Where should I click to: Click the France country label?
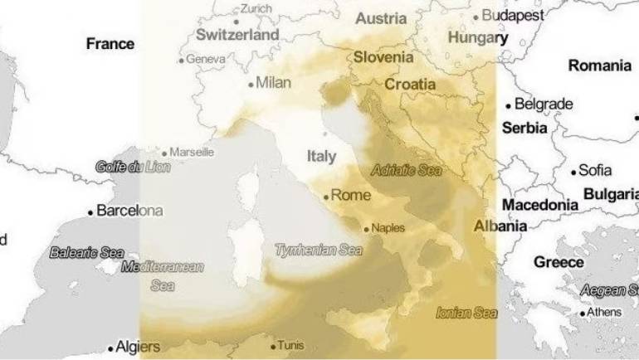point(110,44)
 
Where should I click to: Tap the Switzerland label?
point(237,35)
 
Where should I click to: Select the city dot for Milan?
point(251,84)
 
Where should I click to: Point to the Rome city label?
point(349,197)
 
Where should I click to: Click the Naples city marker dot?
point(366,228)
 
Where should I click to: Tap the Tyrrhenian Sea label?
point(319,249)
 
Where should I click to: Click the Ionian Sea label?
point(466,313)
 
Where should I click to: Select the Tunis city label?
point(291,346)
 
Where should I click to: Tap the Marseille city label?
point(193,153)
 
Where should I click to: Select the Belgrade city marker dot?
point(509,105)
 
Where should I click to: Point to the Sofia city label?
point(595,171)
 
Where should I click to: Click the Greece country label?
point(559,262)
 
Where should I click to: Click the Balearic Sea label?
point(86,252)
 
